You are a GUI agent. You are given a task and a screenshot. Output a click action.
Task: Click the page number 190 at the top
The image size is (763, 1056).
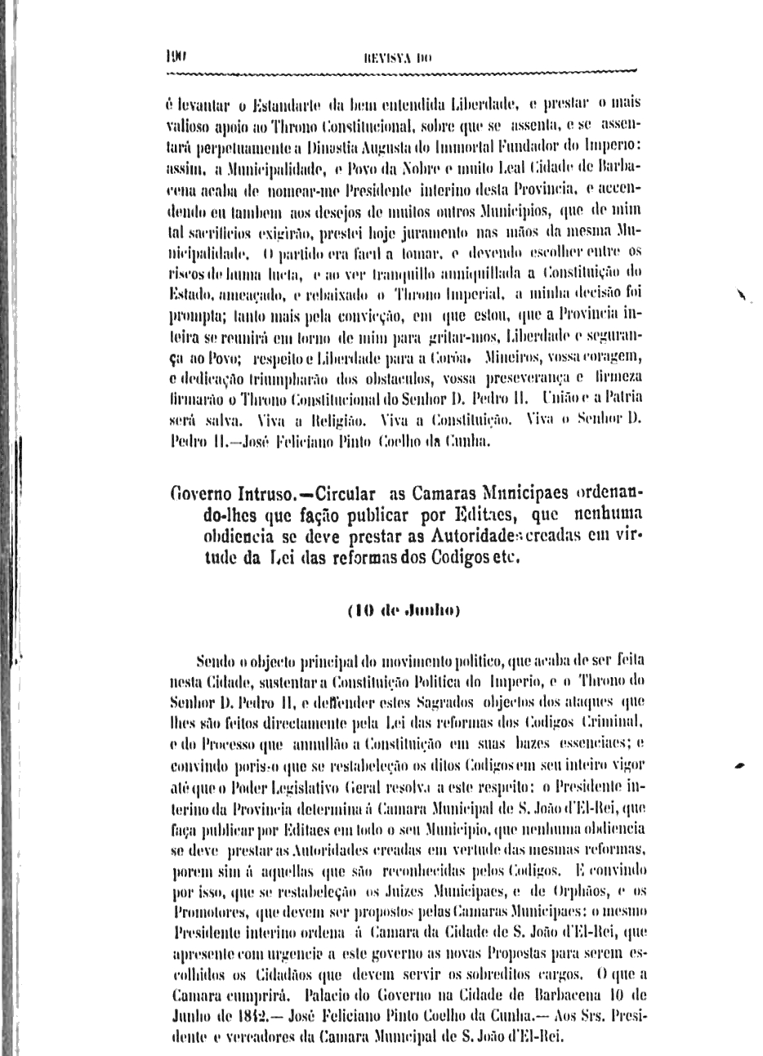tap(172, 57)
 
